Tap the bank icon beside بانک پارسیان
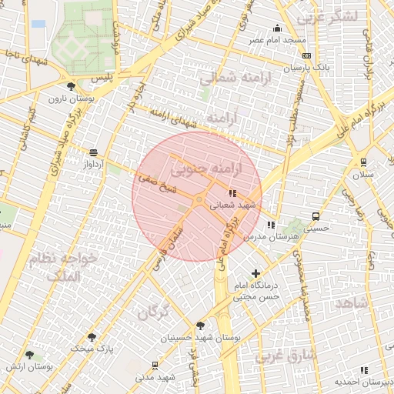click(x=307, y=56)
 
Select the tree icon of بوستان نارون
click(x=72, y=86)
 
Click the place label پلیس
click(x=102, y=78)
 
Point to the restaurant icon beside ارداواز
click(x=94, y=152)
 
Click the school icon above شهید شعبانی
click(x=232, y=193)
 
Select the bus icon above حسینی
click(x=316, y=216)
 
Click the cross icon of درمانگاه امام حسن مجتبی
click(x=256, y=273)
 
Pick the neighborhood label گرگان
click(x=152, y=311)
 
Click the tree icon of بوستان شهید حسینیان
click(x=200, y=326)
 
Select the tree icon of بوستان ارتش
click(x=29, y=355)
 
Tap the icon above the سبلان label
click(x=363, y=162)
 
